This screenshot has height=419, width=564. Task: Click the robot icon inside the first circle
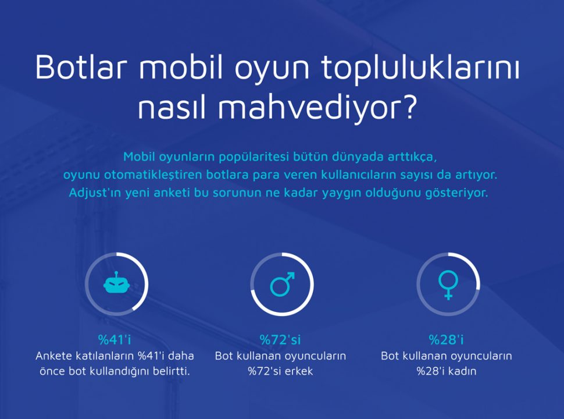pos(116,282)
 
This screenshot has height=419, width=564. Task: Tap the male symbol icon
pos(283,284)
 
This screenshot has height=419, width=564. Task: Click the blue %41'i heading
pos(115,339)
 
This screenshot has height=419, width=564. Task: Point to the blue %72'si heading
pos(280,339)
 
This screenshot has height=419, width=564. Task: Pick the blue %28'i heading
pos(446,339)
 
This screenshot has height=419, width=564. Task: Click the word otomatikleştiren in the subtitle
pos(154,175)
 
